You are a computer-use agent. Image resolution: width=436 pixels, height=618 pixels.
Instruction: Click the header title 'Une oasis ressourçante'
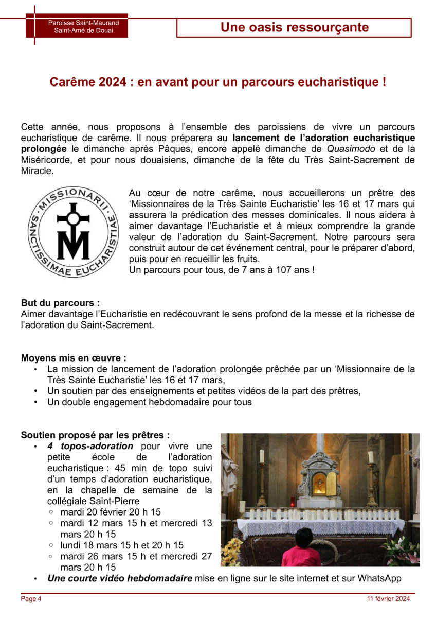click(x=294, y=28)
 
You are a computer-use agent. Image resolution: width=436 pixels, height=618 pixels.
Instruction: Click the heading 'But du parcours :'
click(x=60, y=303)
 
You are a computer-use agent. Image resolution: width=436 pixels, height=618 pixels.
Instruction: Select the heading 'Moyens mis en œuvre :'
click(x=74, y=358)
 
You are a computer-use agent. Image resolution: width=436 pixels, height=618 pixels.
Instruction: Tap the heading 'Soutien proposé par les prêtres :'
click(x=95, y=435)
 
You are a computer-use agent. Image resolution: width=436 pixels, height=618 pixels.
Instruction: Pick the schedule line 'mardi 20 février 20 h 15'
click(x=111, y=512)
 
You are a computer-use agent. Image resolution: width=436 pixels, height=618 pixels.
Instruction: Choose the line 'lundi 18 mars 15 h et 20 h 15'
click(x=122, y=545)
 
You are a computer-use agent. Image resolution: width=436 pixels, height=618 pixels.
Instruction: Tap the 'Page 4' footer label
click(x=31, y=599)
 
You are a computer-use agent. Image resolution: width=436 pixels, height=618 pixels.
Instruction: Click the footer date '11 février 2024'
click(x=389, y=599)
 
